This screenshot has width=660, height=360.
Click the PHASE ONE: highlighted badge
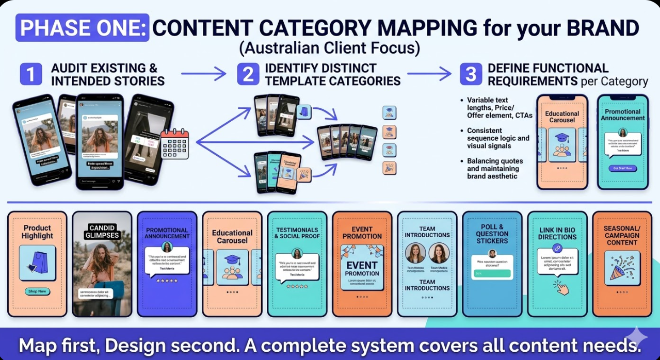tap(83, 27)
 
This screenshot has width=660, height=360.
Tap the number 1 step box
tap(31, 74)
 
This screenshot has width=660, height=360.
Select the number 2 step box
tap(248, 74)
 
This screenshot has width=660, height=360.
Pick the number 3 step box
tap(471, 74)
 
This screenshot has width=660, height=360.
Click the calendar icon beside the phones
tap(174, 143)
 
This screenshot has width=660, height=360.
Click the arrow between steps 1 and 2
tap(204, 74)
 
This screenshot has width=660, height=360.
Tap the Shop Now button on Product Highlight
tap(37, 291)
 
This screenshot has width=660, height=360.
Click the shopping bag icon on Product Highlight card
tap(37, 263)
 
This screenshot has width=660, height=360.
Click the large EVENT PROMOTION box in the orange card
tap(362, 267)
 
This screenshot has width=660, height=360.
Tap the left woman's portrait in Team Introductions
tap(415, 253)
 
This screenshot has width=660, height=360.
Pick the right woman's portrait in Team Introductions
tap(439, 253)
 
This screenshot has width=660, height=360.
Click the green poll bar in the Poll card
tap(492, 273)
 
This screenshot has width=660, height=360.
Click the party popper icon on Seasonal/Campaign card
tap(621, 267)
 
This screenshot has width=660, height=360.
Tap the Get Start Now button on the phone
tap(623, 169)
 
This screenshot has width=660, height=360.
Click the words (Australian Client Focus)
tap(330, 48)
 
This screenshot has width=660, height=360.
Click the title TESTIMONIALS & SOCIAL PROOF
tap(297, 233)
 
